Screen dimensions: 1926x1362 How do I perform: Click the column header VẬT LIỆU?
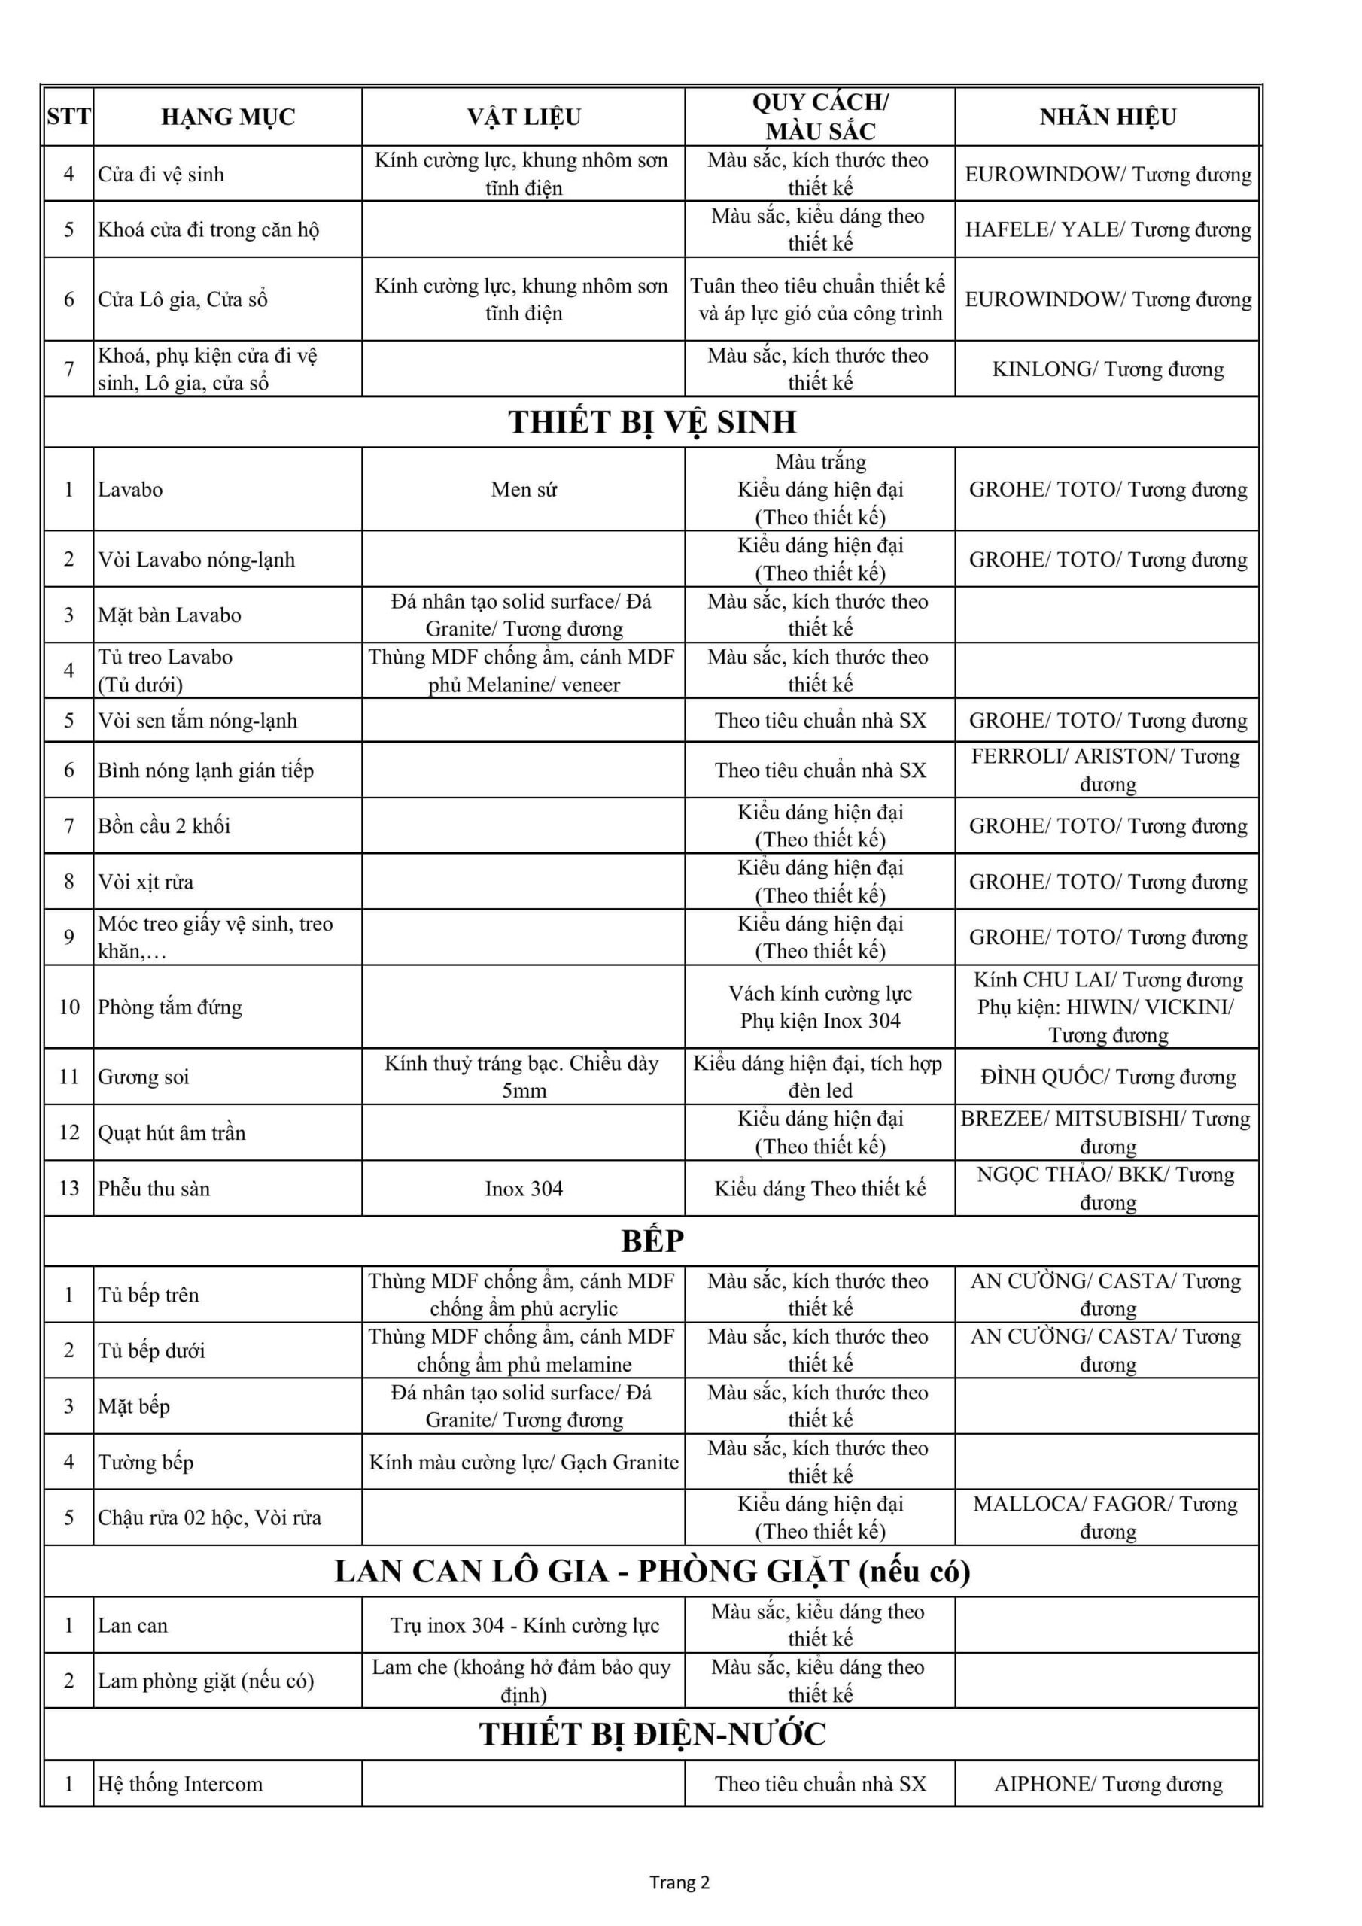click(x=524, y=117)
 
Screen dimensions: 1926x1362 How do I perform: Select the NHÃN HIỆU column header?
click(x=1107, y=117)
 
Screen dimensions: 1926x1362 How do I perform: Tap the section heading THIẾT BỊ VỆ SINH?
click(x=652, y=422)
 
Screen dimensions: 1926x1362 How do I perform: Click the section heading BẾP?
click(x=652, y=1241)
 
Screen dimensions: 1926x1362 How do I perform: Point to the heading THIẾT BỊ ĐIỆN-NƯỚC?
click(x=652, y=1734)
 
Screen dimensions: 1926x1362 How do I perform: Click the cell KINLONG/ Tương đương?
click(x=1107, y=369)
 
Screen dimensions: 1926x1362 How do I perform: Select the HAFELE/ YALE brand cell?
click(x=1107, y=230)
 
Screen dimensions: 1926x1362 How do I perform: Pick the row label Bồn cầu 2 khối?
click(x=165, y=825)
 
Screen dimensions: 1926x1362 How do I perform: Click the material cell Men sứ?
click(x=524, y=489)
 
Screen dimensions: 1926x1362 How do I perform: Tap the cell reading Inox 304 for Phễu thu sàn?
click(x=524, y=1189)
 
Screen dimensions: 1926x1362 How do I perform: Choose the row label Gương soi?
click(x=144, y=1077)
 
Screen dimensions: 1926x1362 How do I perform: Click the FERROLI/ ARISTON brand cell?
click(x=1107, y=770)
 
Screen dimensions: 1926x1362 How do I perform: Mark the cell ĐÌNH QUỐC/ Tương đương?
click(x=1107, y=1077)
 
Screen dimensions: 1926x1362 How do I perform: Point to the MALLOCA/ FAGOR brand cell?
click(x=1107, y=1517)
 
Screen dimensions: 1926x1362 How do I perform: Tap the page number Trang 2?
click(x=679, y=1882)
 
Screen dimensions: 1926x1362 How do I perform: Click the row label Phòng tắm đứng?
click(x=170, y=1007)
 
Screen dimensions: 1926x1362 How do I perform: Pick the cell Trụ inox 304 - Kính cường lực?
click(x=524, y=1625)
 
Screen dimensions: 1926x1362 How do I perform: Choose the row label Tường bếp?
click(x=146, y=1462)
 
